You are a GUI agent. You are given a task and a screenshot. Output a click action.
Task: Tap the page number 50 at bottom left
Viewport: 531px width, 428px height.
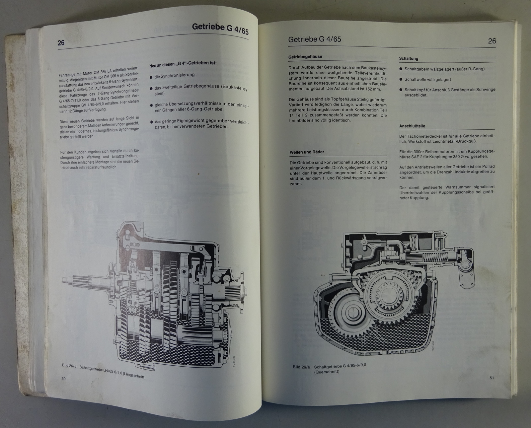(x=64, y=379)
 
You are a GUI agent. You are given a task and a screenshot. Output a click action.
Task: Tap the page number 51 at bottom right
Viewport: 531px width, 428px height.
(x=492, y=378)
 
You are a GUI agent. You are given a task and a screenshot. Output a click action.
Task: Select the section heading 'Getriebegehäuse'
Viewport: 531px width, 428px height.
(x=305, y=57)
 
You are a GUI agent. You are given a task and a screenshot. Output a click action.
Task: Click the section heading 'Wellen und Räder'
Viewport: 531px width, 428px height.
(x=307, y=152)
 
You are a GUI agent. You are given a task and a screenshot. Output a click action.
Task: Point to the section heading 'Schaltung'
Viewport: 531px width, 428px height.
(x=408, y=59)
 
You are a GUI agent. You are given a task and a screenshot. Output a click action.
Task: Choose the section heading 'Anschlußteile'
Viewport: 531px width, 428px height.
(x=412, y=126)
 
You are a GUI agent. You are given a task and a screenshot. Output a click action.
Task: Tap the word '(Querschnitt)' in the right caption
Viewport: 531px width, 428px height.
(x=327, y=372)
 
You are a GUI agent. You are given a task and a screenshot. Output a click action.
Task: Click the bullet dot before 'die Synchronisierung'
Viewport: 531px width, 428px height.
(x=151, y=77)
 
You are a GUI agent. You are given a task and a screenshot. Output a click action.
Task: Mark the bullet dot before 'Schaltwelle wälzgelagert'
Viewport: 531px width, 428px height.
(x=401, y=79)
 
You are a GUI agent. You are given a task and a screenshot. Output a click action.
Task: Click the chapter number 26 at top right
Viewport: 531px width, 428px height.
(x=492, y=41)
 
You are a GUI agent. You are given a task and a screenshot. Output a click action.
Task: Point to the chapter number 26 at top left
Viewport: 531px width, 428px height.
(x=61, y=43)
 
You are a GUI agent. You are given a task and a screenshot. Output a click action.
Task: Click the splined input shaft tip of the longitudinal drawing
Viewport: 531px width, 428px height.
(x=65, y=280)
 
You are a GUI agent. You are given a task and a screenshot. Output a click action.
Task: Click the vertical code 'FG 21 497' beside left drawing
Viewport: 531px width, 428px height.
(x=233, y=361)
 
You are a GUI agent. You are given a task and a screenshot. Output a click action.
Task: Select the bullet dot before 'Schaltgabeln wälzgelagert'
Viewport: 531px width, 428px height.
(x=401, y=69)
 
